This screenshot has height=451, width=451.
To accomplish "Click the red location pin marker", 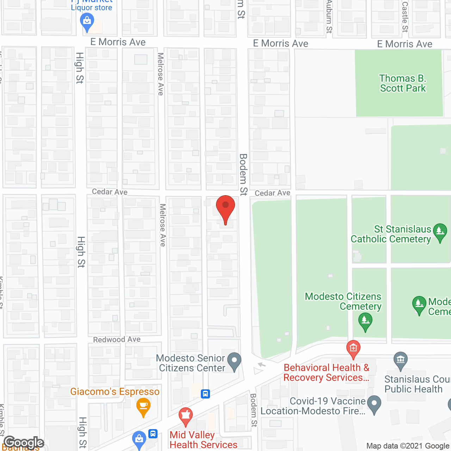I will point(225,208).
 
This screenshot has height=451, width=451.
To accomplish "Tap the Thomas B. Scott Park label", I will point(403,83).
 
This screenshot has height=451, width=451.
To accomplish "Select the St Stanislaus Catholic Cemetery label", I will point(391,234).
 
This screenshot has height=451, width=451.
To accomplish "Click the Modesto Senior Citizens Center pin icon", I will point(234,362).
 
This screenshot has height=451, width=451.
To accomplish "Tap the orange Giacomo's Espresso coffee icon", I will point(143,406).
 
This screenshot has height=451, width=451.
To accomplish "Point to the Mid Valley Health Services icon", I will point(185,416).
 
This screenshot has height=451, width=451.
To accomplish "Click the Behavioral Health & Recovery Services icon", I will point(353,348).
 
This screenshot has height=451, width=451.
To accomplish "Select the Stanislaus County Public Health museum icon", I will point(400,360).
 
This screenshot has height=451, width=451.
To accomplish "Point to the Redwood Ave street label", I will point(117,340).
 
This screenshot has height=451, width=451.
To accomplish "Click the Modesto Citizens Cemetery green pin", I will point(365,321).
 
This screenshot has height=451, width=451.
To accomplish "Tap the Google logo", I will point(24,443).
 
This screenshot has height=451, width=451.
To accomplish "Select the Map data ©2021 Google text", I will point(408,446).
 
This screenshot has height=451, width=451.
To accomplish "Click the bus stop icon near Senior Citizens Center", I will point(205,394).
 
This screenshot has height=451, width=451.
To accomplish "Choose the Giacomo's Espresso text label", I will point(115,391).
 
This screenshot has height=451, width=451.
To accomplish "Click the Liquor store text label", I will point(92,7).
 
